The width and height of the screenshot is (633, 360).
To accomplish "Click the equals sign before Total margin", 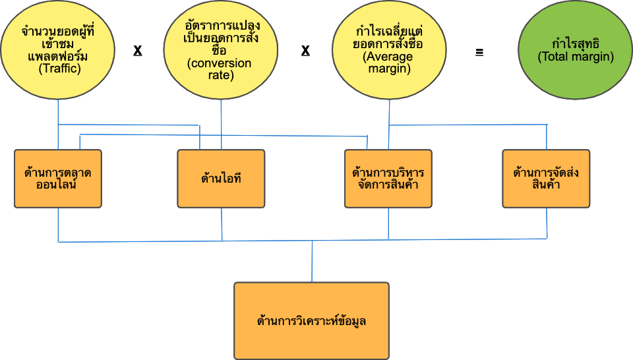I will pyautogui.click(x=479, y=51).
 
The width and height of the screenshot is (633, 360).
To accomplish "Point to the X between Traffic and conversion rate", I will pyautogui.click(x=138, y=51).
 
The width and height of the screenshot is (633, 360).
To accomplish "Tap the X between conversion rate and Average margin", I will pyautogui.click(x=306, y=51).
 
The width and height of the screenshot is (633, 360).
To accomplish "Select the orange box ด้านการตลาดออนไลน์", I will pyautogui.click(x=58, y=179).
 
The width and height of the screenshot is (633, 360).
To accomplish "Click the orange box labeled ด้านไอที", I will pyautogui.click(x=221, y=179).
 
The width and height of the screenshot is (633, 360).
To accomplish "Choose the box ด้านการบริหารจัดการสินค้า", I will pyautogui.click(x=388, y=179).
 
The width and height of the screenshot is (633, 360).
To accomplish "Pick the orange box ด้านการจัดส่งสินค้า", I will pyautogui.click(x=546, y=179).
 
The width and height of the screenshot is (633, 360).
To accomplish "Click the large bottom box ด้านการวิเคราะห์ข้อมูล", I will pyautogui.click(x=312, y=321).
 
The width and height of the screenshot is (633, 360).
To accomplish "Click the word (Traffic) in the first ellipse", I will pyautogui.click(x=59, y=67).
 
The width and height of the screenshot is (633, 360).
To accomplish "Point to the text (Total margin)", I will pyautogui.click(x=576, y=57).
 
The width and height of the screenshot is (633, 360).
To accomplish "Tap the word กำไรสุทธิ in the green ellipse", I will pyautogui.click(x=576, y=45).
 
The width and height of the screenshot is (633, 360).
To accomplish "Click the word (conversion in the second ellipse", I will pyautogui.click(x=220, y=63).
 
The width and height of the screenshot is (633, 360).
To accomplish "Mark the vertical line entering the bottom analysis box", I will pyautogui.click(x=312, y=262).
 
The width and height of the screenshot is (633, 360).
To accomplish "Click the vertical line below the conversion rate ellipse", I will pyautogui.click(x=221, y=125).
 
